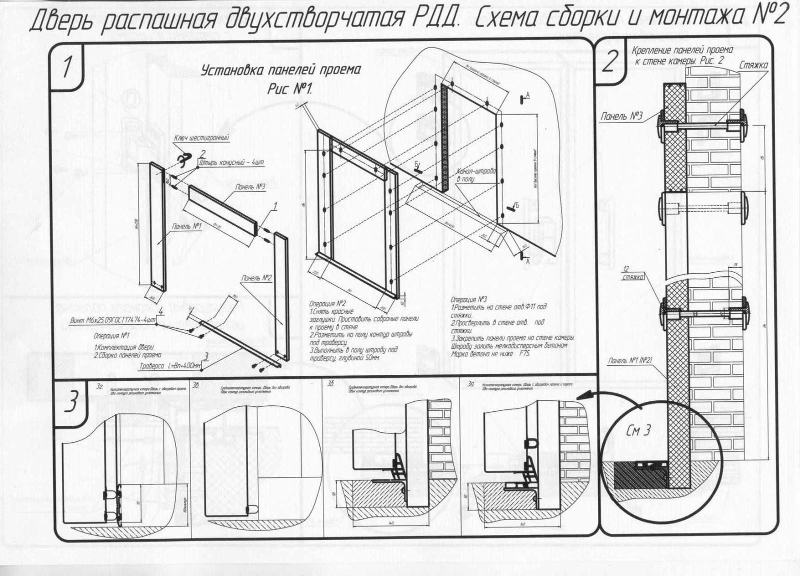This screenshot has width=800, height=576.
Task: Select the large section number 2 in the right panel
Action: pyautogui.click(x=609, y=63)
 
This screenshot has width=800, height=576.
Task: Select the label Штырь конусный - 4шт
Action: pyautogui.click(x=231, y=162)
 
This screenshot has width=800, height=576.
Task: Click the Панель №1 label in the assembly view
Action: pyautogui.click(x=186, y=226)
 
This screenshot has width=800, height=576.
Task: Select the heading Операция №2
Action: pyautogui.click(x=328, y=304)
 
